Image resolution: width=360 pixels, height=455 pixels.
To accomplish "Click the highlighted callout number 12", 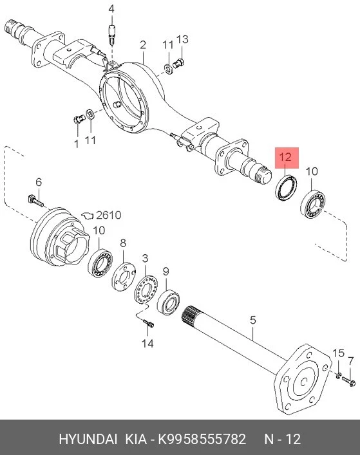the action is [x=285, y=157].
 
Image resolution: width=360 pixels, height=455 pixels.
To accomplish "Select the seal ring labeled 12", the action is [x=286, y=187].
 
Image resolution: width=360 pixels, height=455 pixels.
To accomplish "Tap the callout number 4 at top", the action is [x=111, y=9].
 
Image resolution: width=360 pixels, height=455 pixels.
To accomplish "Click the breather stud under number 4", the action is [x=112, y=35].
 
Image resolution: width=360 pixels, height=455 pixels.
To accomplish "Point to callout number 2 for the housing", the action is [x=143, y=45].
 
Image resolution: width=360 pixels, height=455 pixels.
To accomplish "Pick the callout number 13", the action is [x=182, y=39].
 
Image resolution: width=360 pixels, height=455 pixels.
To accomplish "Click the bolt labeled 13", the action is [x=179, y=64].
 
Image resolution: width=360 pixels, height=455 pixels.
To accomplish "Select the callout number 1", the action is [x=77, y=144].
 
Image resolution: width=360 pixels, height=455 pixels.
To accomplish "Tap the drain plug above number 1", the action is [x=78, y=119].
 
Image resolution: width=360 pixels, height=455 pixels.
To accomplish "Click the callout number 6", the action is [x=39, y=182].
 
